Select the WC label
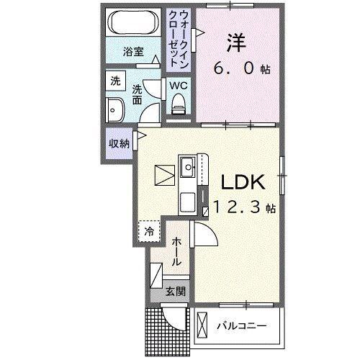coord(178,85)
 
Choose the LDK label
coord(240,181)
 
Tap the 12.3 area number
coord(235,208)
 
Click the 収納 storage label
coord(120,143)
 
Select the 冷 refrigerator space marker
coord(148,231)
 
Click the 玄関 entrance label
coord(174,292)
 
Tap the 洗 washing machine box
coord(115,82)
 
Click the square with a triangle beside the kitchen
coord(164,175)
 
